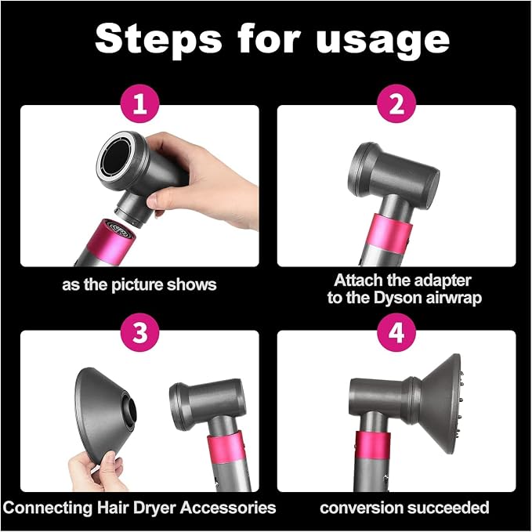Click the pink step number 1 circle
140,103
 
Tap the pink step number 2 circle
396,103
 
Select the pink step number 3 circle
140,332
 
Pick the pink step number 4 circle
396,332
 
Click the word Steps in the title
158,40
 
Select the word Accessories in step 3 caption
228,508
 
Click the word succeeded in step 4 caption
448,508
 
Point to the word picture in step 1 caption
138,284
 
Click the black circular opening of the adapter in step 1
117,159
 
